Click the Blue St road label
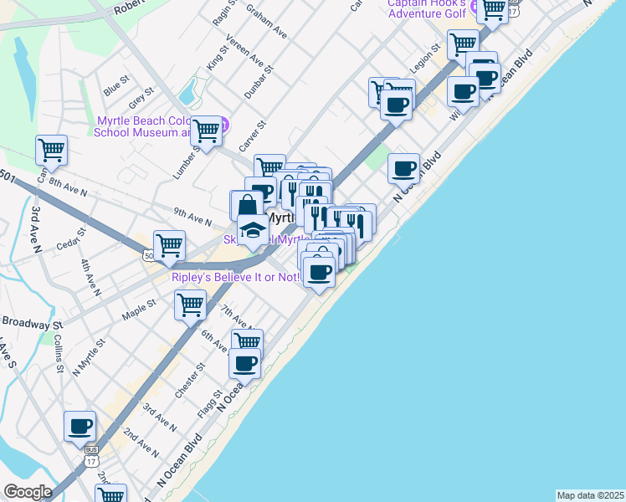116,84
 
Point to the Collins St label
58,356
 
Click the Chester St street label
189,381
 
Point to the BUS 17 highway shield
90,458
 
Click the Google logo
28,492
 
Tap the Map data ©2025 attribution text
589,495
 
